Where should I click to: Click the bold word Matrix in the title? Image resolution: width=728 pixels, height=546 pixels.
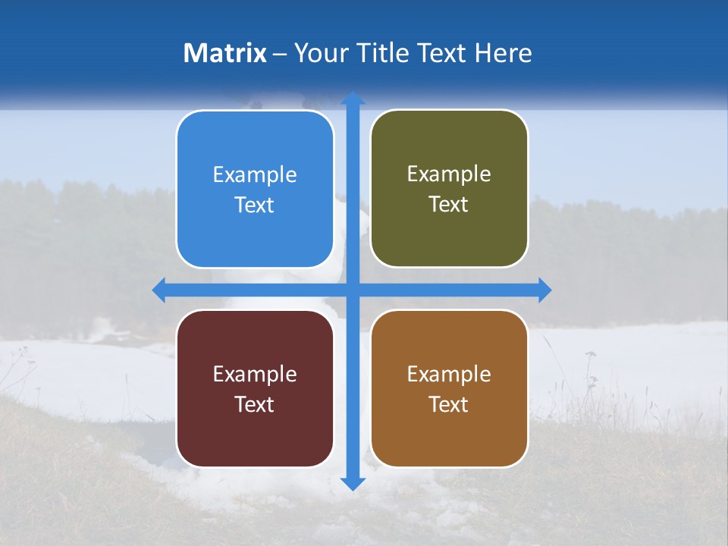pos(225,53)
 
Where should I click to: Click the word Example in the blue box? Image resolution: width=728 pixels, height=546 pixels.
pos(255,175)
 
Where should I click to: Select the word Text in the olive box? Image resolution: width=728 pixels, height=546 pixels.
pos(449,205)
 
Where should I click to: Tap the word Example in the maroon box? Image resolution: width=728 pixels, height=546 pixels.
pos(255,375)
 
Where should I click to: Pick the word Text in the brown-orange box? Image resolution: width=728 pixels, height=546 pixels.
pos(449,405)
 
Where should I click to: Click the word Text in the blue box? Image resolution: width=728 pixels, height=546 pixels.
pos(255,206)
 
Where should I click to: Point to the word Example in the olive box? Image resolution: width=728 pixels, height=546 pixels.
pos(449,174)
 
